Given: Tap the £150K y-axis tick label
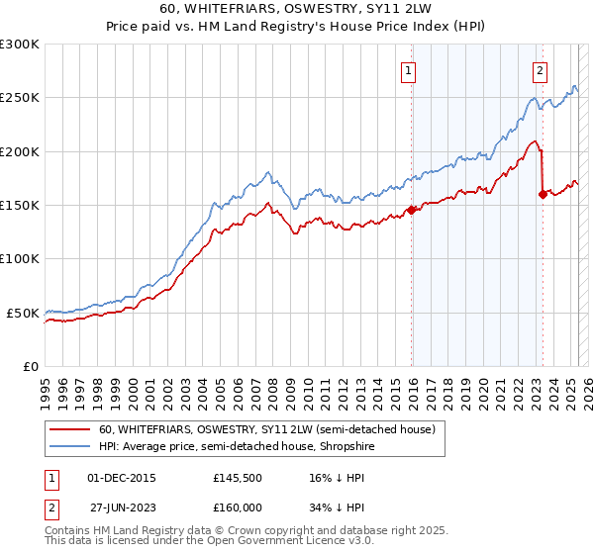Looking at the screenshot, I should pyautogui.click(x=19, y=206).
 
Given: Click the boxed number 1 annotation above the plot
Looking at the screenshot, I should pyautogui.click(x=408, y=70).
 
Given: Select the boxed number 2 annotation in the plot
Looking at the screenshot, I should pyautogui.click(x=540, y=70).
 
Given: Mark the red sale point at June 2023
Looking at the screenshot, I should pyautogui.click(x=543, y=194).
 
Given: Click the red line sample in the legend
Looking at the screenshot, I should pyautogui.click(x=70, y=429).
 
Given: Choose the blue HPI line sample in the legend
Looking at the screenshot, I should pyautogui.click(x=70, y=446).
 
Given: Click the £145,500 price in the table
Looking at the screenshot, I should pyautogui.click(x=238, y=478).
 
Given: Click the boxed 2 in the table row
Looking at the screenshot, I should pyautogui.click(x=50, y=507).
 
